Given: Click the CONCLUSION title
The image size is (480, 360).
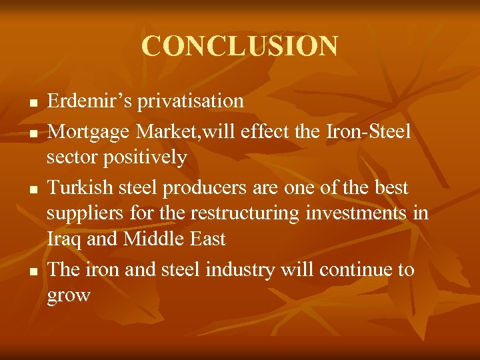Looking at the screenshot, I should click(239, 46).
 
